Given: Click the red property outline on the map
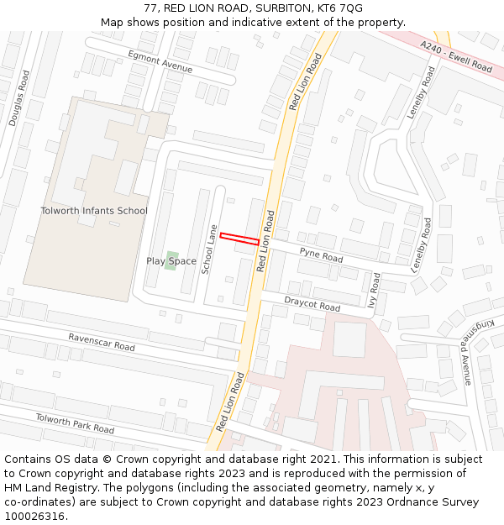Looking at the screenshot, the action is pyautogui.click(x=239, y=239).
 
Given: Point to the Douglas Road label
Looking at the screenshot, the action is pyautogui.click(x=19, y=98).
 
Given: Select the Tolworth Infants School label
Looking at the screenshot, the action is pyautogui.click(x=94, y=211).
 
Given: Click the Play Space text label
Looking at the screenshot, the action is pyautogui.click(x=171, y=261).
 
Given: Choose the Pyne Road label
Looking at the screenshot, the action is pyautogui.click(x=321, y=255).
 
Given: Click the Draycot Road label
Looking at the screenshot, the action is pyautogui.click(x=312, y=303).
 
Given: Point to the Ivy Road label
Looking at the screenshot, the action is pyautogui.click(x=374, y=290).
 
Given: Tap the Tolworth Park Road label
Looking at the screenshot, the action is pyautogui.click(x=74, y=423).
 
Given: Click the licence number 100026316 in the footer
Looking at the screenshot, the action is pyautogui.click(x=34, y=516).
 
